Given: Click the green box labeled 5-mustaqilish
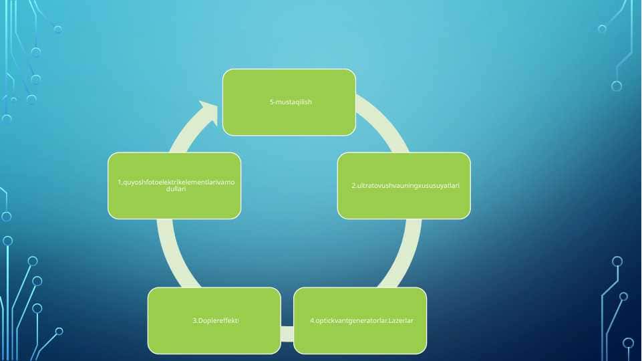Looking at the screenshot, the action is (289, 102).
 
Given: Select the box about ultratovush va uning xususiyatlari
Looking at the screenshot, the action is (404, 186).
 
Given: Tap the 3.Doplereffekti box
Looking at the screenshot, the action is (214, 320).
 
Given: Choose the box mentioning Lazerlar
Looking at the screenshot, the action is (360, 320).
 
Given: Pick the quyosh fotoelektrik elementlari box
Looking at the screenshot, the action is (174, 186).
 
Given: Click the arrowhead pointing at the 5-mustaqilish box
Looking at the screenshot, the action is (210, 112).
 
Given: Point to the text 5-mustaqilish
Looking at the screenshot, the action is (291, 102).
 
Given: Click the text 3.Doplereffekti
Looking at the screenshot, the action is (216, 320).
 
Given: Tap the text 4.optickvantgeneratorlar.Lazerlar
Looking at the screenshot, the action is (361, 320).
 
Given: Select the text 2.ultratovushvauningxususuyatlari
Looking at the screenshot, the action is (406, 186).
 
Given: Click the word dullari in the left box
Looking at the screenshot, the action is (176, 189).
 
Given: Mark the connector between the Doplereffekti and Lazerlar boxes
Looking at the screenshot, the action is (287, 334).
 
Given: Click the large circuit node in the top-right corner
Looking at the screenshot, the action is (617, 86).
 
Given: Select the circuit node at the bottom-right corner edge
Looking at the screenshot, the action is (628, 344).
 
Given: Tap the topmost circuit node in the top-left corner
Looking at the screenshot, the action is (58, 29).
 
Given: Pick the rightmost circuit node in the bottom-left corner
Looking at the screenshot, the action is (59, 331).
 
